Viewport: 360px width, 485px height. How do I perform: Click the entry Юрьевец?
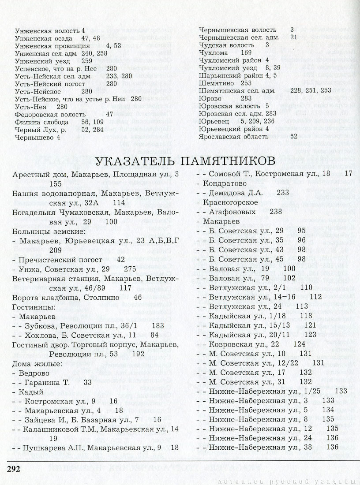tap(214, 121)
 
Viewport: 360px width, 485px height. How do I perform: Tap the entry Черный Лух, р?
tap(39, 129)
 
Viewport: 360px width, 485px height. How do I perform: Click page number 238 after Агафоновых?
tap(275, 211)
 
